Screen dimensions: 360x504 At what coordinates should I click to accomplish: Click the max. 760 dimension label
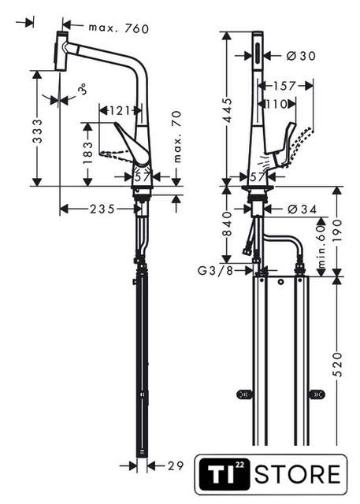[119, 28]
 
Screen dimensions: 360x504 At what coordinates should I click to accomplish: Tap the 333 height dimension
[38, 131]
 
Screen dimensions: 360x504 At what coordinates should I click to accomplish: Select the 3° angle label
[83, 89]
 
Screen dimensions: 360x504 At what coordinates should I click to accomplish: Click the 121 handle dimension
[120, 111]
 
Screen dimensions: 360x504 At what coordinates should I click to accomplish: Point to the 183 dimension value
[87, 153]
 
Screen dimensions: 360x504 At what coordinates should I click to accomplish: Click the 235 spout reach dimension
[102, 209]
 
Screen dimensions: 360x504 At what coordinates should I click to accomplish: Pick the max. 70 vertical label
[177, 136]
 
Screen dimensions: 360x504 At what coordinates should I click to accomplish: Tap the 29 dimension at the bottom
[175, 465]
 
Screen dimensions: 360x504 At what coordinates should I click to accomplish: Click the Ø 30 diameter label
[301, 56]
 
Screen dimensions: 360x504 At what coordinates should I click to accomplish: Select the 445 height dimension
[227, 110]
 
